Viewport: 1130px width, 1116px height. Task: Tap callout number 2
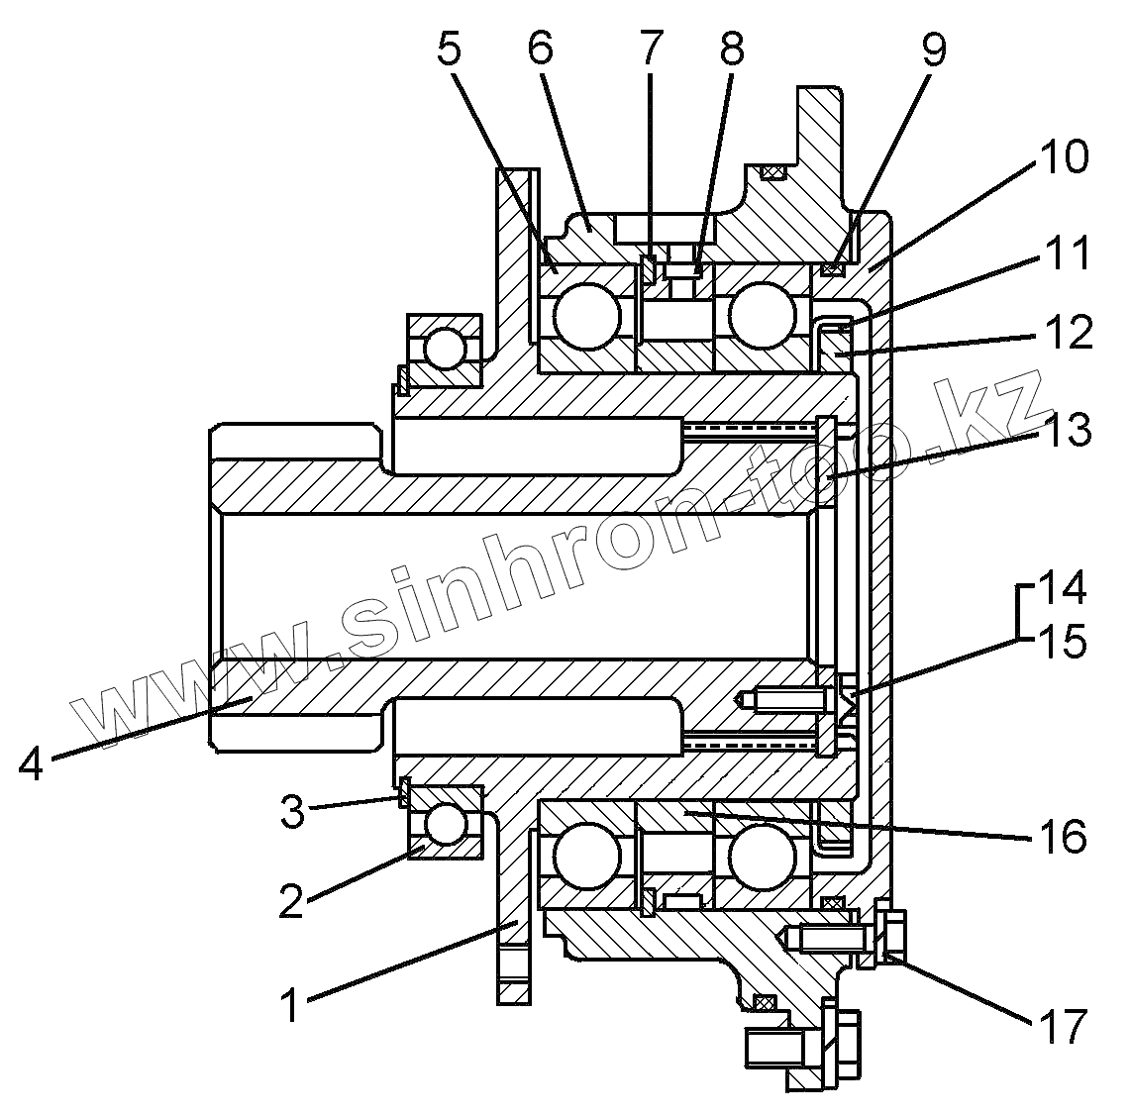click(x=292, y=900)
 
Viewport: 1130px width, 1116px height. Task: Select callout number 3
click(x=292, y=811)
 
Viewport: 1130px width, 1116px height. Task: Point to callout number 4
click(x=31, y=762)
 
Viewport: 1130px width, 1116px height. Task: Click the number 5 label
click(x=449, y=49)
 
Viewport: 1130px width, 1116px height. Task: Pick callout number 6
click(x=540, y=49)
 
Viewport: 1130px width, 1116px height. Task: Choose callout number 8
click(x=731, y=49)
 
